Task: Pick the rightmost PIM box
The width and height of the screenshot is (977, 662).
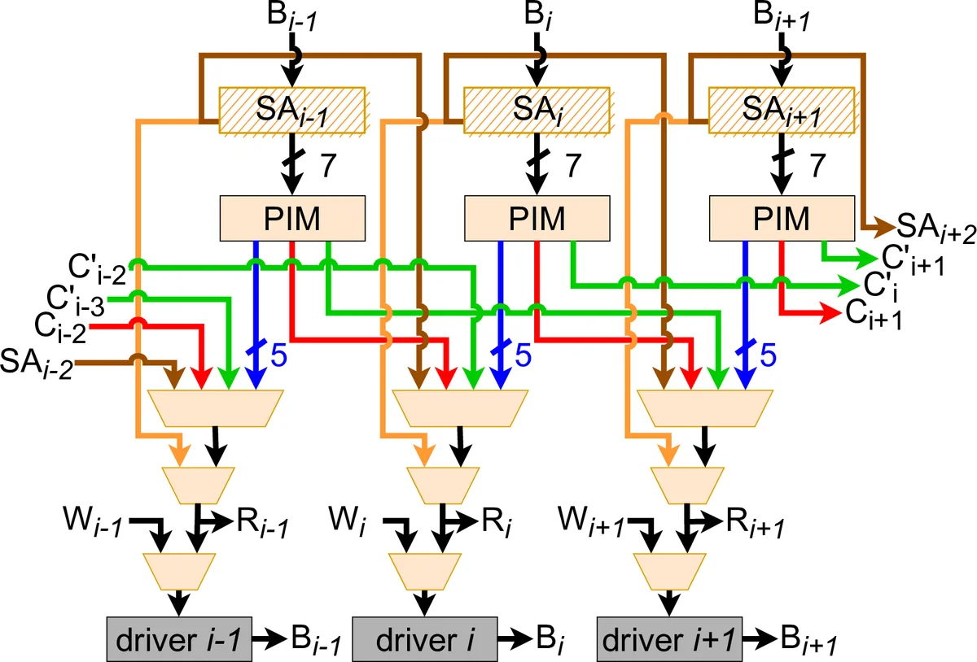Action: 781,218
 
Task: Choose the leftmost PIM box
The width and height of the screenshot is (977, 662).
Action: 291,218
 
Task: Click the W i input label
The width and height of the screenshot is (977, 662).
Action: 349,516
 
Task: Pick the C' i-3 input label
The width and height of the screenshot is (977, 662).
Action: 76,303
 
